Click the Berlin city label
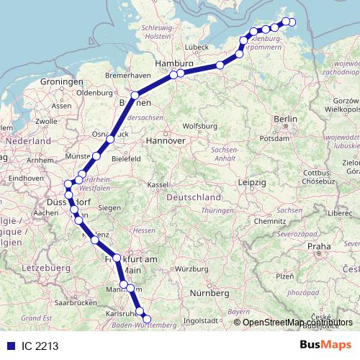click(286, 119)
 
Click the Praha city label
click(319, 246)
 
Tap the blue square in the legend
click(10, 346)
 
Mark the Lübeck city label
click(196, 48)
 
